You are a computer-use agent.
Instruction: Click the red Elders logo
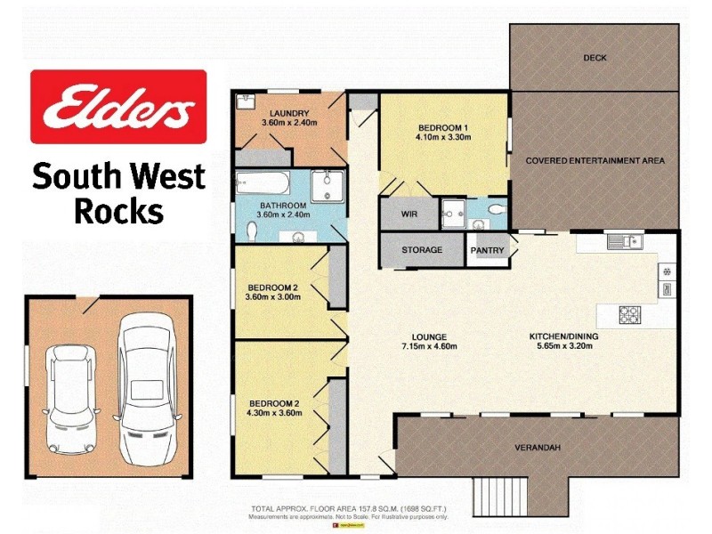pyautogui.click(x=118, y=107)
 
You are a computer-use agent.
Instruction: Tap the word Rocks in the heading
pyautogui.click(x=118, y=212)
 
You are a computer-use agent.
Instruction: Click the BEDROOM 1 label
pyautogui.click(x=441, y=127)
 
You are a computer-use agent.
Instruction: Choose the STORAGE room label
pyautogui.click(x=421, y=250)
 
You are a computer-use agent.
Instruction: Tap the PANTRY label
pyautogui.click(x=488, y=251)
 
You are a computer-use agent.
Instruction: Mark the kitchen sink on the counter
pyautogui.click(x=624, y=240)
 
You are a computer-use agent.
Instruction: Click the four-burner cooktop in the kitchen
pyautogui.click(x=630, y=314)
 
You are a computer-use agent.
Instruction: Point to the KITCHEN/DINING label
pyautogui.click(x=563, y=336)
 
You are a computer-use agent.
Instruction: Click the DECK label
pyautogui.click(x=595, y=58)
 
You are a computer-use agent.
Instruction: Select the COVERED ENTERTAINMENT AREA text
pyautogui.click(x=595, y=161)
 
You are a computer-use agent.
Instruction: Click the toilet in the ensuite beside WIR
pyautogui.click(x=495, y=211)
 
